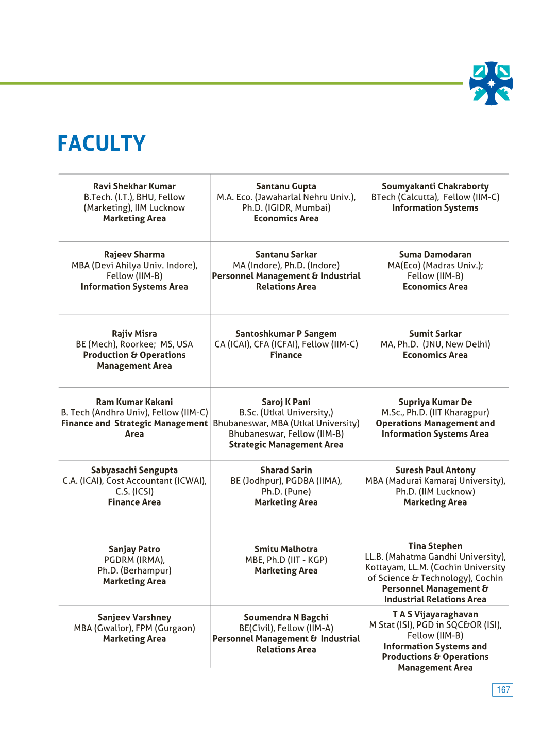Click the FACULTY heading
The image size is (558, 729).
(x=102, y=144)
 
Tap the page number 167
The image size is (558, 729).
(x=503, y=690)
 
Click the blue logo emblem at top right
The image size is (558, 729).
(x=491, y=83)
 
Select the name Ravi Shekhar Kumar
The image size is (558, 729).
(x=134, y=186)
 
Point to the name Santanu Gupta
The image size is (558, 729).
(x=286, y=186)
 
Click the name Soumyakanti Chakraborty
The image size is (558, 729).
(x=435, y=186)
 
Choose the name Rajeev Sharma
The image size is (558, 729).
(x=134, y=255)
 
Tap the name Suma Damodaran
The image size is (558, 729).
(x=435, y=255)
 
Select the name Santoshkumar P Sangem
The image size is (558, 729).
(x=286, y=334)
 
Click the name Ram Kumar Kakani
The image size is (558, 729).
(x=134, y=402)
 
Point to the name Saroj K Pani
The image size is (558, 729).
(x=286, y=402)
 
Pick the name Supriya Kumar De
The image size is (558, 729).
(x=435, y=402)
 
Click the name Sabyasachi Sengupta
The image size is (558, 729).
(x=134, y=470)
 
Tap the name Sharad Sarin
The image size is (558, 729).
(x=286, y=470)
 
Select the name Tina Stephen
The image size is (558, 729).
(x=435, y=546)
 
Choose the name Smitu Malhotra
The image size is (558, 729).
(x=286, y=549)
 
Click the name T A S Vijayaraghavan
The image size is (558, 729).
(x=435, y=614)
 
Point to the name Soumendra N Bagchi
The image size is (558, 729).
(x=286, y=617)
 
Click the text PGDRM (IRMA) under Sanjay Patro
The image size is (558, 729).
(x=134, y=560)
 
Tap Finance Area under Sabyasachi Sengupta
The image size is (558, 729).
(x=134, y=502)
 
